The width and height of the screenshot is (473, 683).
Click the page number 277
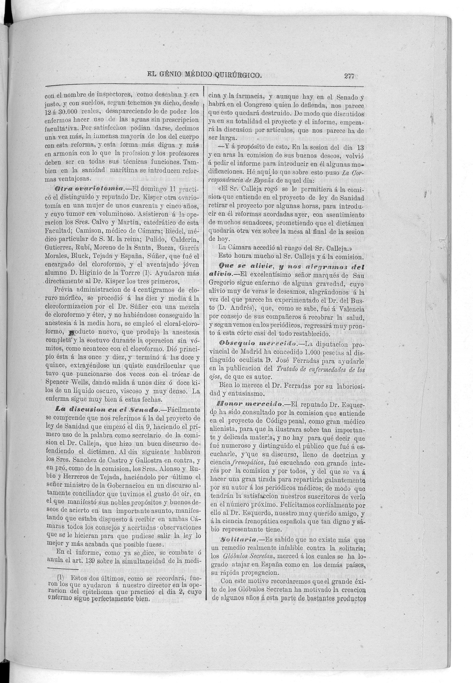click(x=349, y=76)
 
